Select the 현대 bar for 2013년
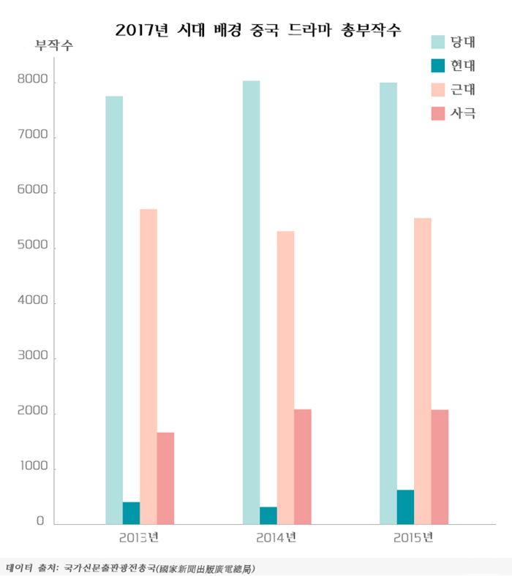tap(131, 513)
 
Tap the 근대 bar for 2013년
tap(148, 366)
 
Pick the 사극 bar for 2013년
tap(165, 478)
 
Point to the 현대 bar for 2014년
tap(268, 515)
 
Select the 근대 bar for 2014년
tap(285, 377)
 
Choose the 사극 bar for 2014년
tap(303, 466)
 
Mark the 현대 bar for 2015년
tap(405, 507)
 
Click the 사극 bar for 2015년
tap(440, 466)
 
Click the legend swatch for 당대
tap(439, 41)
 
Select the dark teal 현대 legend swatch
tap(439, 66)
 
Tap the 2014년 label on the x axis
tap(276, 539)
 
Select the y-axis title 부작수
tap(54, 47)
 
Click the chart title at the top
tap(258, 30)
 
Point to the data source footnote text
tap(132, 567)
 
